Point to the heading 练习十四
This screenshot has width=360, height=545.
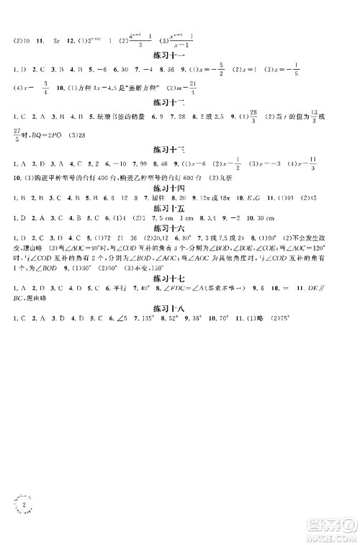tap(170, 187)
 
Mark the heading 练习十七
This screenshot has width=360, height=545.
tap(170, 274)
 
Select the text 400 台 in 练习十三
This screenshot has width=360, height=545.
tap(99, 177)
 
